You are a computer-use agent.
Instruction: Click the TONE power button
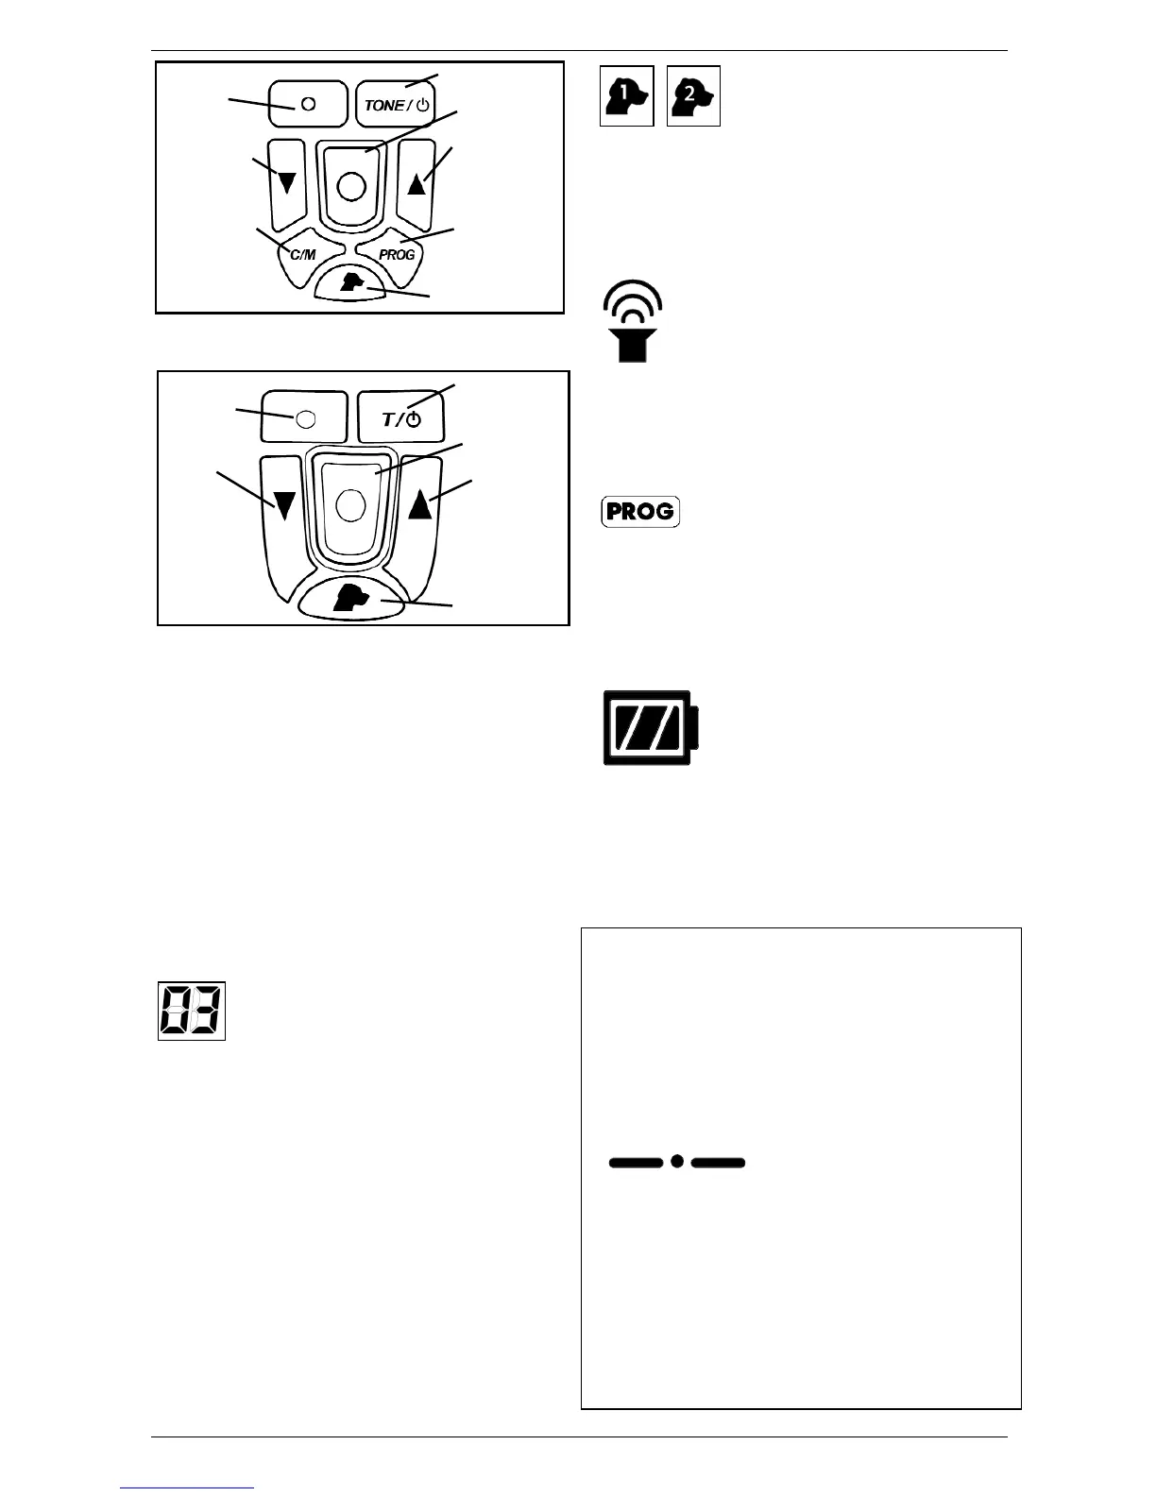(x=397, y=104)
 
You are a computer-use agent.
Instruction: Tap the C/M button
(x=302, y=255)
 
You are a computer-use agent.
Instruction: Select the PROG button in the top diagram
(x=396, y=255)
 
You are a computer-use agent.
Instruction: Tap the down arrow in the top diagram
(x=288, y=183)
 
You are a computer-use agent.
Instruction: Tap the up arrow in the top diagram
(x=416, y=183)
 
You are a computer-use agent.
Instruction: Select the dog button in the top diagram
(x=352, y=282)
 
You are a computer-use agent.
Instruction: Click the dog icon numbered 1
(x=627, y=96)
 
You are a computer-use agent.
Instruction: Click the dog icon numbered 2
(x=693, y=96)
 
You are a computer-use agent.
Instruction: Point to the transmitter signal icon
(x=634, y=321)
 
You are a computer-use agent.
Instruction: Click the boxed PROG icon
(x=640, y=512)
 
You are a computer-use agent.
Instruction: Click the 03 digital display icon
(x=191, y=1011)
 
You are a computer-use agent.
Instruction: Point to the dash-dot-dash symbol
(x=677, y=1162)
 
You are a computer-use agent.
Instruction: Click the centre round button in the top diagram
(x=350, y=186)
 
